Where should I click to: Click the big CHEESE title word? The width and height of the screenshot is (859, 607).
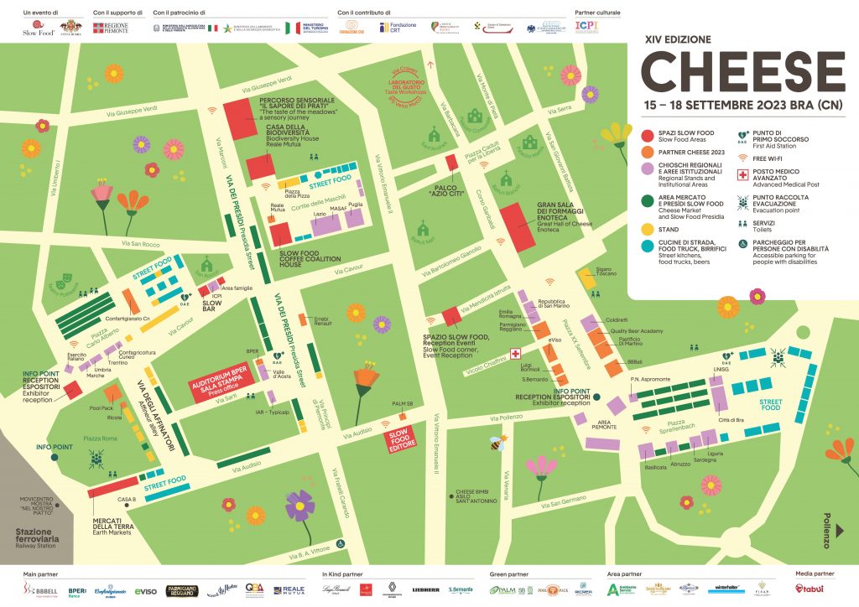point(743,71)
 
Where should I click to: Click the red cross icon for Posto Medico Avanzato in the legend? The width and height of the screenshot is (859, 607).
point(742,176)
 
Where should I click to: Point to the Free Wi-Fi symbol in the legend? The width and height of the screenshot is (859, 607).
point(742,156)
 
